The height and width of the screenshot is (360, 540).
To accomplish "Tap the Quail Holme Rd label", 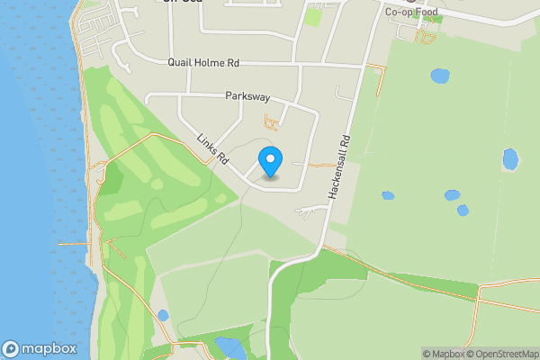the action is [203, 63].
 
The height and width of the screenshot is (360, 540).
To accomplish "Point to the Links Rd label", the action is [212, 149].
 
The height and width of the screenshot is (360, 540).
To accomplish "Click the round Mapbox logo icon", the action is [11, 349].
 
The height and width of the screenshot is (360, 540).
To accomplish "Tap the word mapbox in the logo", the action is [49, 349].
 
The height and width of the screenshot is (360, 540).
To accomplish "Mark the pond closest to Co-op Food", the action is [440, 76].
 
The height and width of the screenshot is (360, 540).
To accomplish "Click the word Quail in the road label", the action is [181, 63].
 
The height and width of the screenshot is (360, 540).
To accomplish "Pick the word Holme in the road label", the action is [211, 63].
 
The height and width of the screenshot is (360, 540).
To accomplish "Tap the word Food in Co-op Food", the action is [427, 12].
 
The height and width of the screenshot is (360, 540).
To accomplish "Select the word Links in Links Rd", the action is [207, 144].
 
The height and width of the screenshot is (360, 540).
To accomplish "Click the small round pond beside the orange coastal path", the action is [163, 315].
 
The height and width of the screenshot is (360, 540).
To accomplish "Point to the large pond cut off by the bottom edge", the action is [229, 348].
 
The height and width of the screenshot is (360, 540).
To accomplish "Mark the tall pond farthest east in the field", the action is [510, 159].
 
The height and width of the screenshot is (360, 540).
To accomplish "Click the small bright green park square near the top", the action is [313, 15].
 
